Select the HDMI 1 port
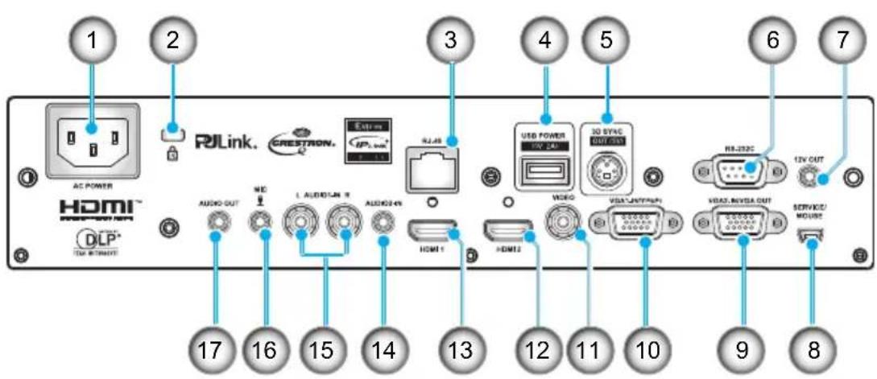pos(432,233)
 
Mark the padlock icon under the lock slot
pos(171,150)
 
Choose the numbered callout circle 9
pos(742,348)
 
